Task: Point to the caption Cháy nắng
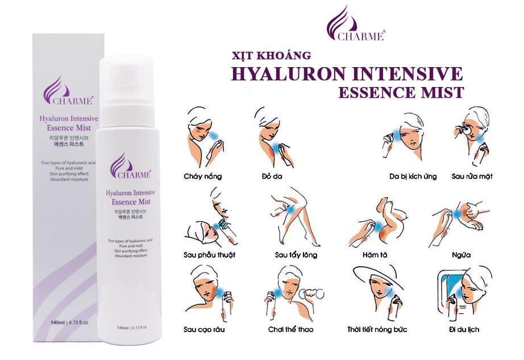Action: click(203, 176)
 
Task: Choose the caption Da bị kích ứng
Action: click(413, 176)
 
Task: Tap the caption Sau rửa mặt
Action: click(472, 176)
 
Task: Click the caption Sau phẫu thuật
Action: click(209, 254)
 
